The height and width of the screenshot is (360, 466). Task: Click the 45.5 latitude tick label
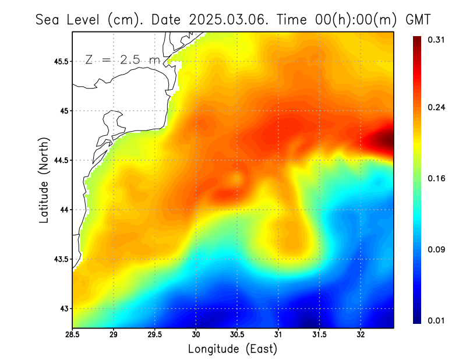point(61,61)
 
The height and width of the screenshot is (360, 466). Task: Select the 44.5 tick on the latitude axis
point(61,160)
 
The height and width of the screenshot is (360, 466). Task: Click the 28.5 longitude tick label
point(72,335)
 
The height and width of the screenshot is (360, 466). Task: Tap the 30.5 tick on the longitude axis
point(237,335)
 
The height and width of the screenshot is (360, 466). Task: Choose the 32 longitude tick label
point(361,335)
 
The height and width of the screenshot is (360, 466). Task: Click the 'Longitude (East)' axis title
point(232,349)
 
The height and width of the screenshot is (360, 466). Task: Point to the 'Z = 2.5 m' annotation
point(122,59)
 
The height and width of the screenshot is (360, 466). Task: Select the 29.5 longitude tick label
point(154,335)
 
